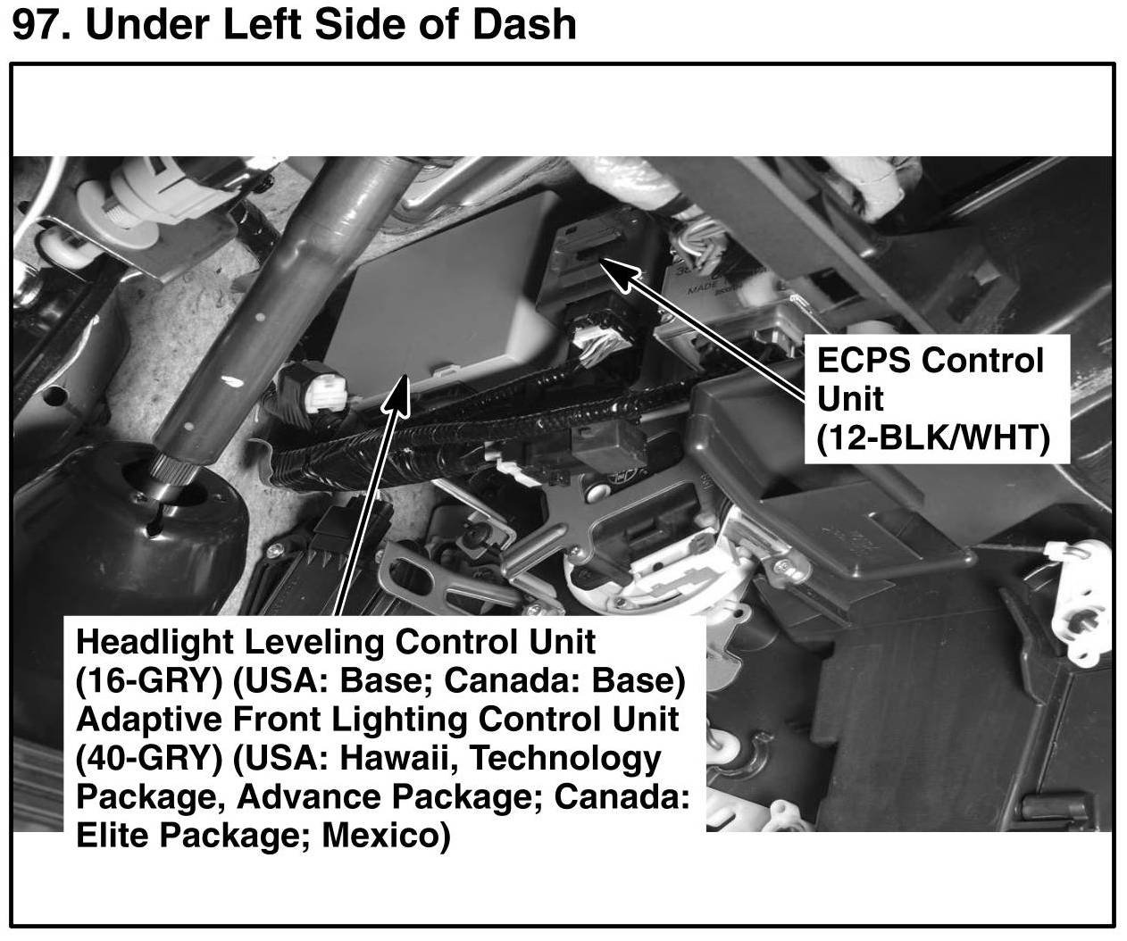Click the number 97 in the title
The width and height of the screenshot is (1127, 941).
point(38,24)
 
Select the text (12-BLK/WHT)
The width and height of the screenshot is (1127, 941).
point(933,437)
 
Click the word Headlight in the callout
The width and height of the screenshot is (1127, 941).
point(154,642)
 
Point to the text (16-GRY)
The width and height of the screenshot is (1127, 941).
point(149,681)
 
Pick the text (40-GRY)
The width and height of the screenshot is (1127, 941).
point(149,759)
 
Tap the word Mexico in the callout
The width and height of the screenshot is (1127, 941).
point(386,836)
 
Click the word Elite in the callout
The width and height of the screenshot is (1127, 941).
point(112,836)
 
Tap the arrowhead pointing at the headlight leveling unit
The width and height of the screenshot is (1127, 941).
point(397,393)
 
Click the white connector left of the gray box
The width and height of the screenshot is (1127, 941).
point(327,394)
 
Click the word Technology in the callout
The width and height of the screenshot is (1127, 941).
point(566,759)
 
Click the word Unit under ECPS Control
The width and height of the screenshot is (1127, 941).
point(850,398)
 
